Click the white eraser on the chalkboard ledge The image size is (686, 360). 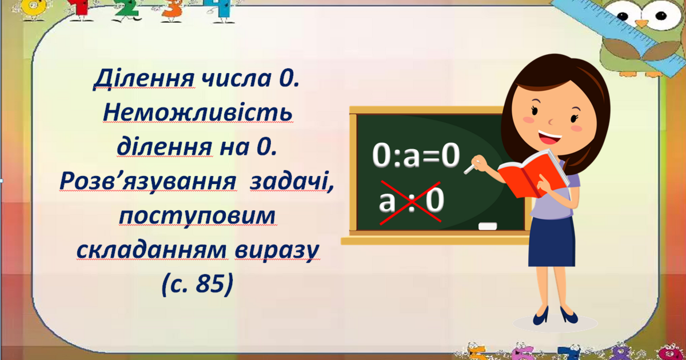tap(488, 226)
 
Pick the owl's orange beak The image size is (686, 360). tap(643, 23)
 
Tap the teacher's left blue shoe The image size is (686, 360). tap(540, 315)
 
